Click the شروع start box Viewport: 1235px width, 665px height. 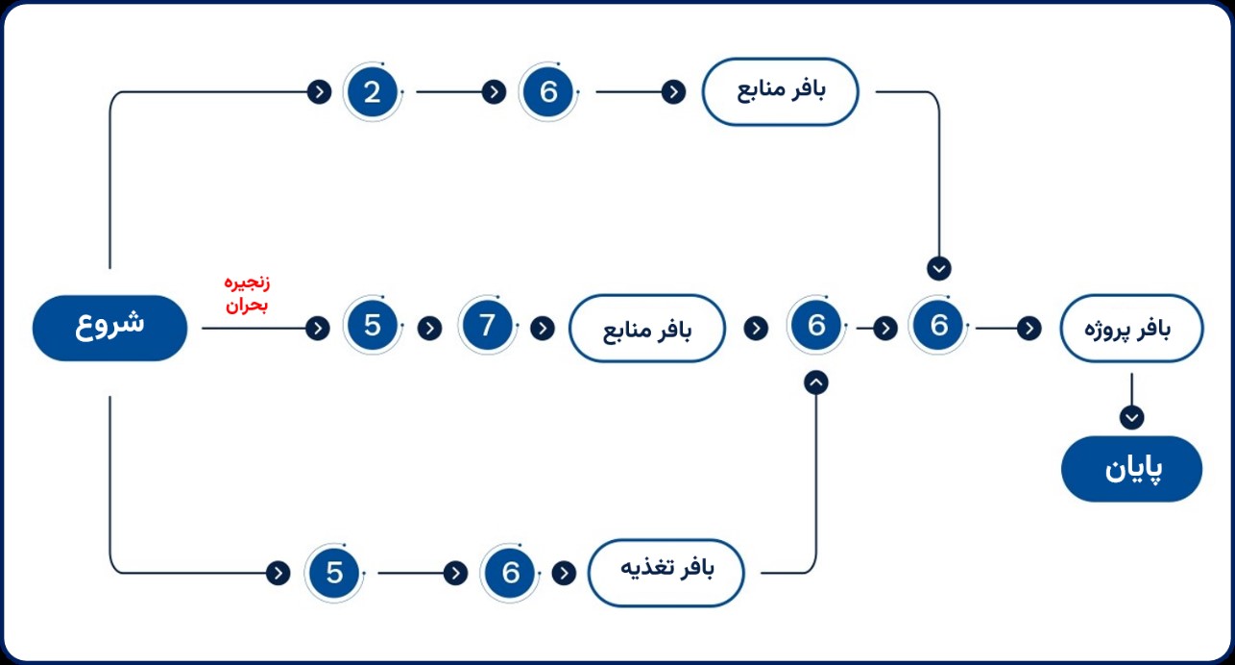tap(109, 329)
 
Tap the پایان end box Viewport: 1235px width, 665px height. tap(1131, 469)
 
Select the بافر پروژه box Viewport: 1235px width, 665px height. tap(1131, 329)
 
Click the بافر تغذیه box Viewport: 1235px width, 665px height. tap(666, 573)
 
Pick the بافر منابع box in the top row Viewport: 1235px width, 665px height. tap(780, 91)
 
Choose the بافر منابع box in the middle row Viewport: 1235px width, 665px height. tap(646, 329)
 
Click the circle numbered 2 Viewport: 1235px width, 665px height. tap(373, 91)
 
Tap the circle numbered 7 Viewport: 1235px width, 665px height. tap(487, 325)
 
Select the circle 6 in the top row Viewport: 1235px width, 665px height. tap(548, 91)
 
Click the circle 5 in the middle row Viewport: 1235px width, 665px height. tap(373, 325)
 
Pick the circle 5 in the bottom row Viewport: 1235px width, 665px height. tap(334, 573)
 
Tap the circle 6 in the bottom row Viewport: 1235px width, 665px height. tap(510, 573)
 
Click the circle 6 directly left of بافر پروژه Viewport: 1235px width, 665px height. tap(938, 325)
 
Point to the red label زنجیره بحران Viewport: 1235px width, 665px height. tap(247, 294)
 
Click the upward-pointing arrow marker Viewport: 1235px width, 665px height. tap(816, 382)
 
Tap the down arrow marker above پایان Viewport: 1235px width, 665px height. tap(1131, 417)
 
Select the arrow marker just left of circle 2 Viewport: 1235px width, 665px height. tap(319, 91)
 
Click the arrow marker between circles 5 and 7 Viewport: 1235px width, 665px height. tap(429, 329)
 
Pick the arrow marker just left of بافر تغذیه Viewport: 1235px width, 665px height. tap(564, 573)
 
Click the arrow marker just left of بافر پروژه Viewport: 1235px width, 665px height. tap(1029, 329)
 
